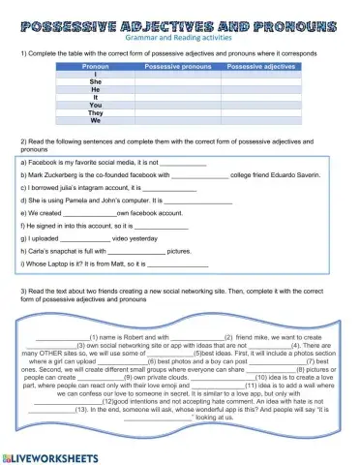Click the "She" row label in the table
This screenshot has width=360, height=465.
[95, 82]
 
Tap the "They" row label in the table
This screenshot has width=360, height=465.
[95, 113]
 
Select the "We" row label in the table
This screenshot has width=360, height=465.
[95, 121]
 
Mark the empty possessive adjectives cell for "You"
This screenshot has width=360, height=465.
[259, 106]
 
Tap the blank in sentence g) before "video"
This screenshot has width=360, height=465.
[85, 236]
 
